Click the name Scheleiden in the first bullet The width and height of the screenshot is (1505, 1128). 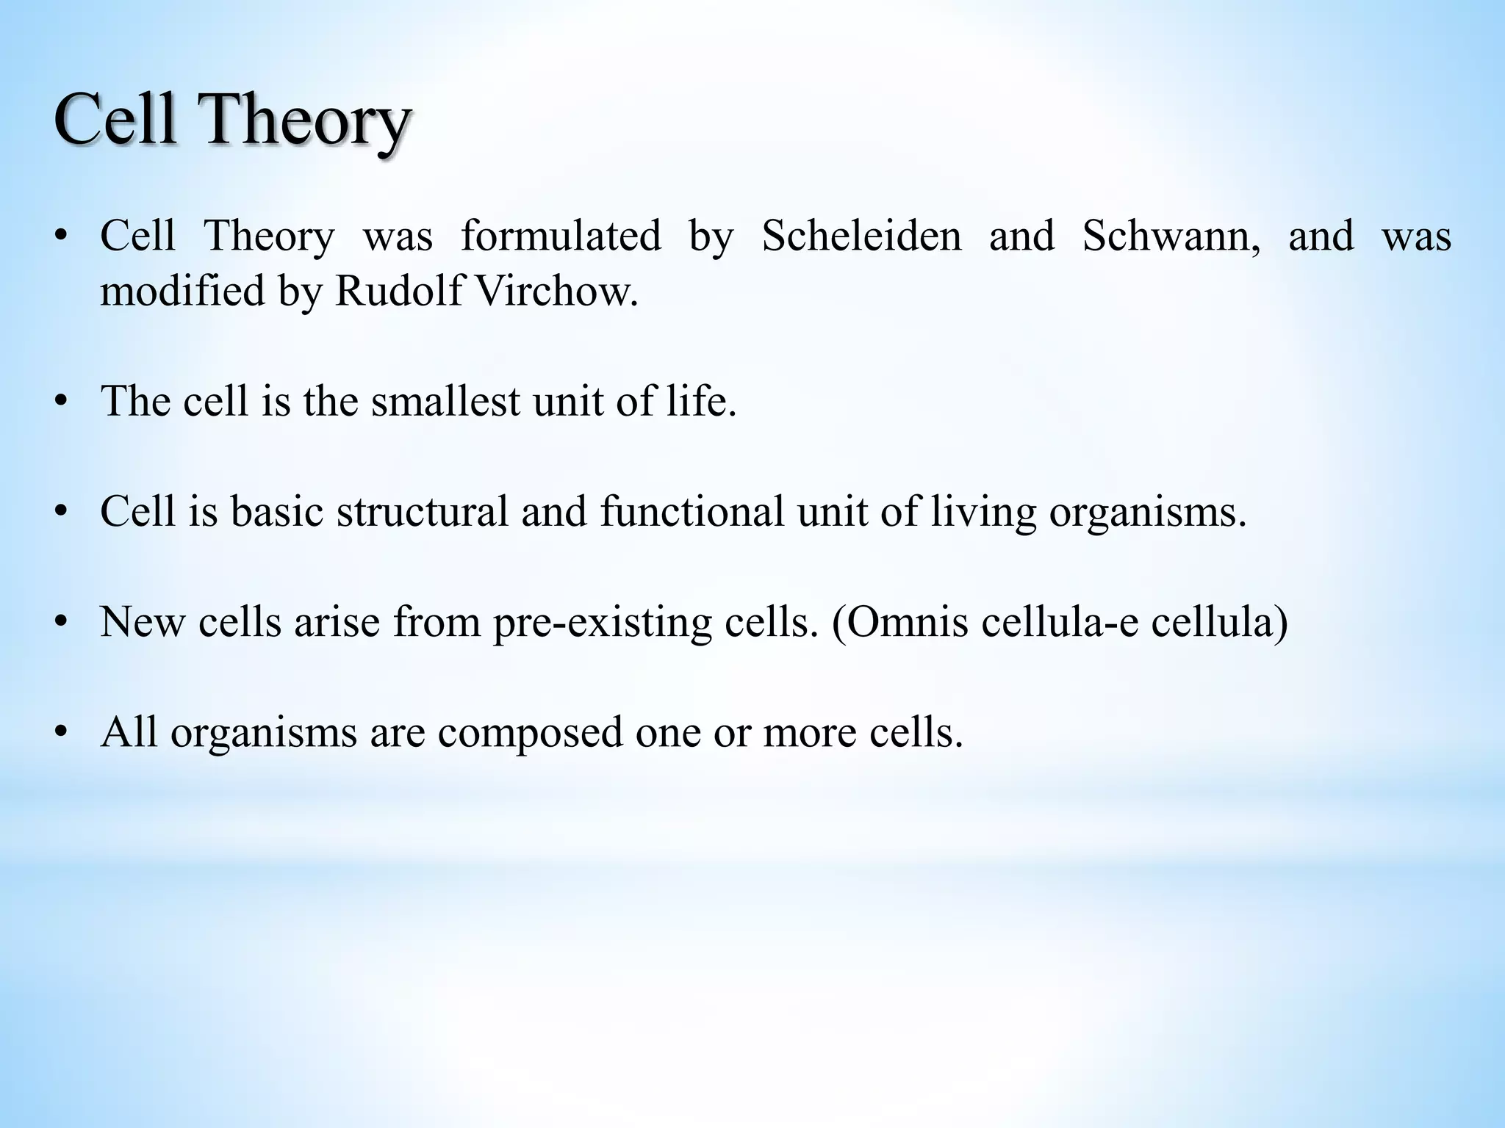coord(861,236)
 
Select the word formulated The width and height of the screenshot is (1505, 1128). coord(561,236)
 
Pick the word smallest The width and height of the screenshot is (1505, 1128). coord(445,402)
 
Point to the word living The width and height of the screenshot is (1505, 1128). coord(983,512)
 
